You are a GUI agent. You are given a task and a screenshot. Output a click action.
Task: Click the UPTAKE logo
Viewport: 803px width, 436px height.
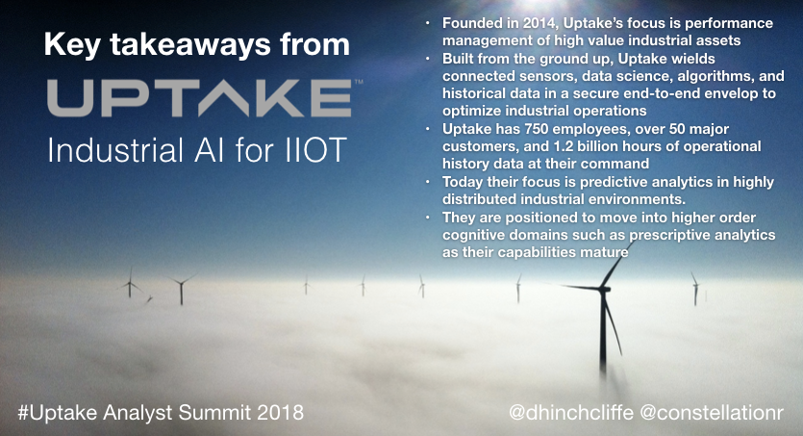pyautogui.click(x=200, y=98)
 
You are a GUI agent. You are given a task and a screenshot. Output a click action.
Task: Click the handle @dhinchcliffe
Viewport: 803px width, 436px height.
pyautogui.click(x=571, y=413)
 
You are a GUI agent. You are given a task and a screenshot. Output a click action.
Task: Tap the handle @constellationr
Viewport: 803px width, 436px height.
pyautogui.click(x=713, y=413)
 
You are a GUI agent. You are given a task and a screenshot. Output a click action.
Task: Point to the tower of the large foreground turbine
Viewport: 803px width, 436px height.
pyautogui.click(x=603, y=333)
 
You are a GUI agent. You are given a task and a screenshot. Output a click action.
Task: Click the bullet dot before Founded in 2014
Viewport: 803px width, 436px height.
pyautogui.click(x=428, y=23)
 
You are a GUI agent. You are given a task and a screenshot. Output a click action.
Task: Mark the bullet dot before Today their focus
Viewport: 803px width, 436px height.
pyautogui.click(x=428, y=183)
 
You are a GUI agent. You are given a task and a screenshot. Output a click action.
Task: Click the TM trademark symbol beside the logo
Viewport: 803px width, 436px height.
pyautogui.click(x=359, y=82)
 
